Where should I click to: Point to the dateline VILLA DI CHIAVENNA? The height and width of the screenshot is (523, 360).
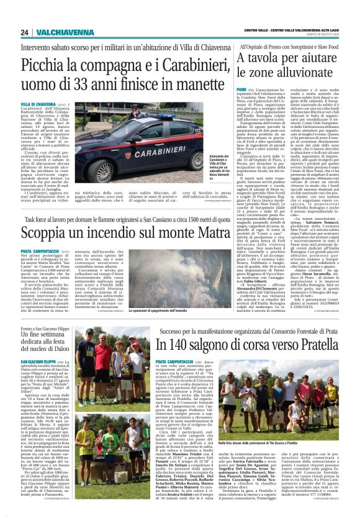coord(38,104)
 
